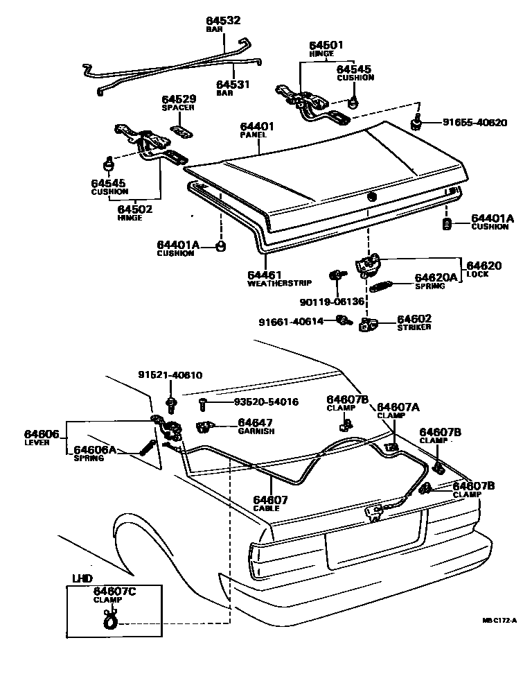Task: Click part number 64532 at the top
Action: coord(223,21)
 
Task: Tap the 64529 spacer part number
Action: coord(178,100)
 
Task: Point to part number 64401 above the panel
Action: coord(258,127)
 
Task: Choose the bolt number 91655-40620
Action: coord(475,123)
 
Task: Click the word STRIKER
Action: coord(414,327)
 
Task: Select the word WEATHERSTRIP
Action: coord(279,283)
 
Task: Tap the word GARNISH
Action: coord(256,431)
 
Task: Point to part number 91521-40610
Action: coord(170,375)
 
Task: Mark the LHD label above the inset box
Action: coord(82,578)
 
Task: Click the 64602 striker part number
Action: coord(414,318)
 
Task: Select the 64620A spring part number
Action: coord(436,277)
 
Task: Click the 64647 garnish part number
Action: coord(256,422)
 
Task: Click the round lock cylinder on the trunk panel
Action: coord(371,197)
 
